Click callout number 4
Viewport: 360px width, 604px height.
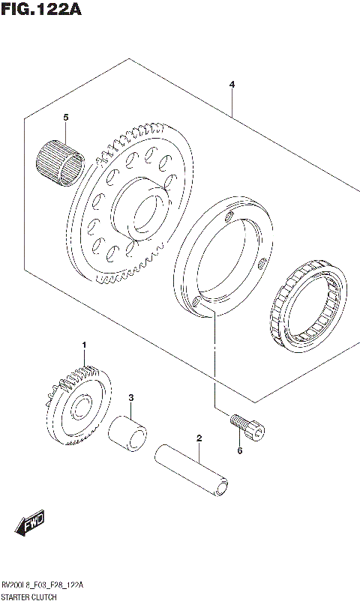[232, 85]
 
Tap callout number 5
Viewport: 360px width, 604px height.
[65, 118]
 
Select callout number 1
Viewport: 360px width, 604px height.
[85, 345]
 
